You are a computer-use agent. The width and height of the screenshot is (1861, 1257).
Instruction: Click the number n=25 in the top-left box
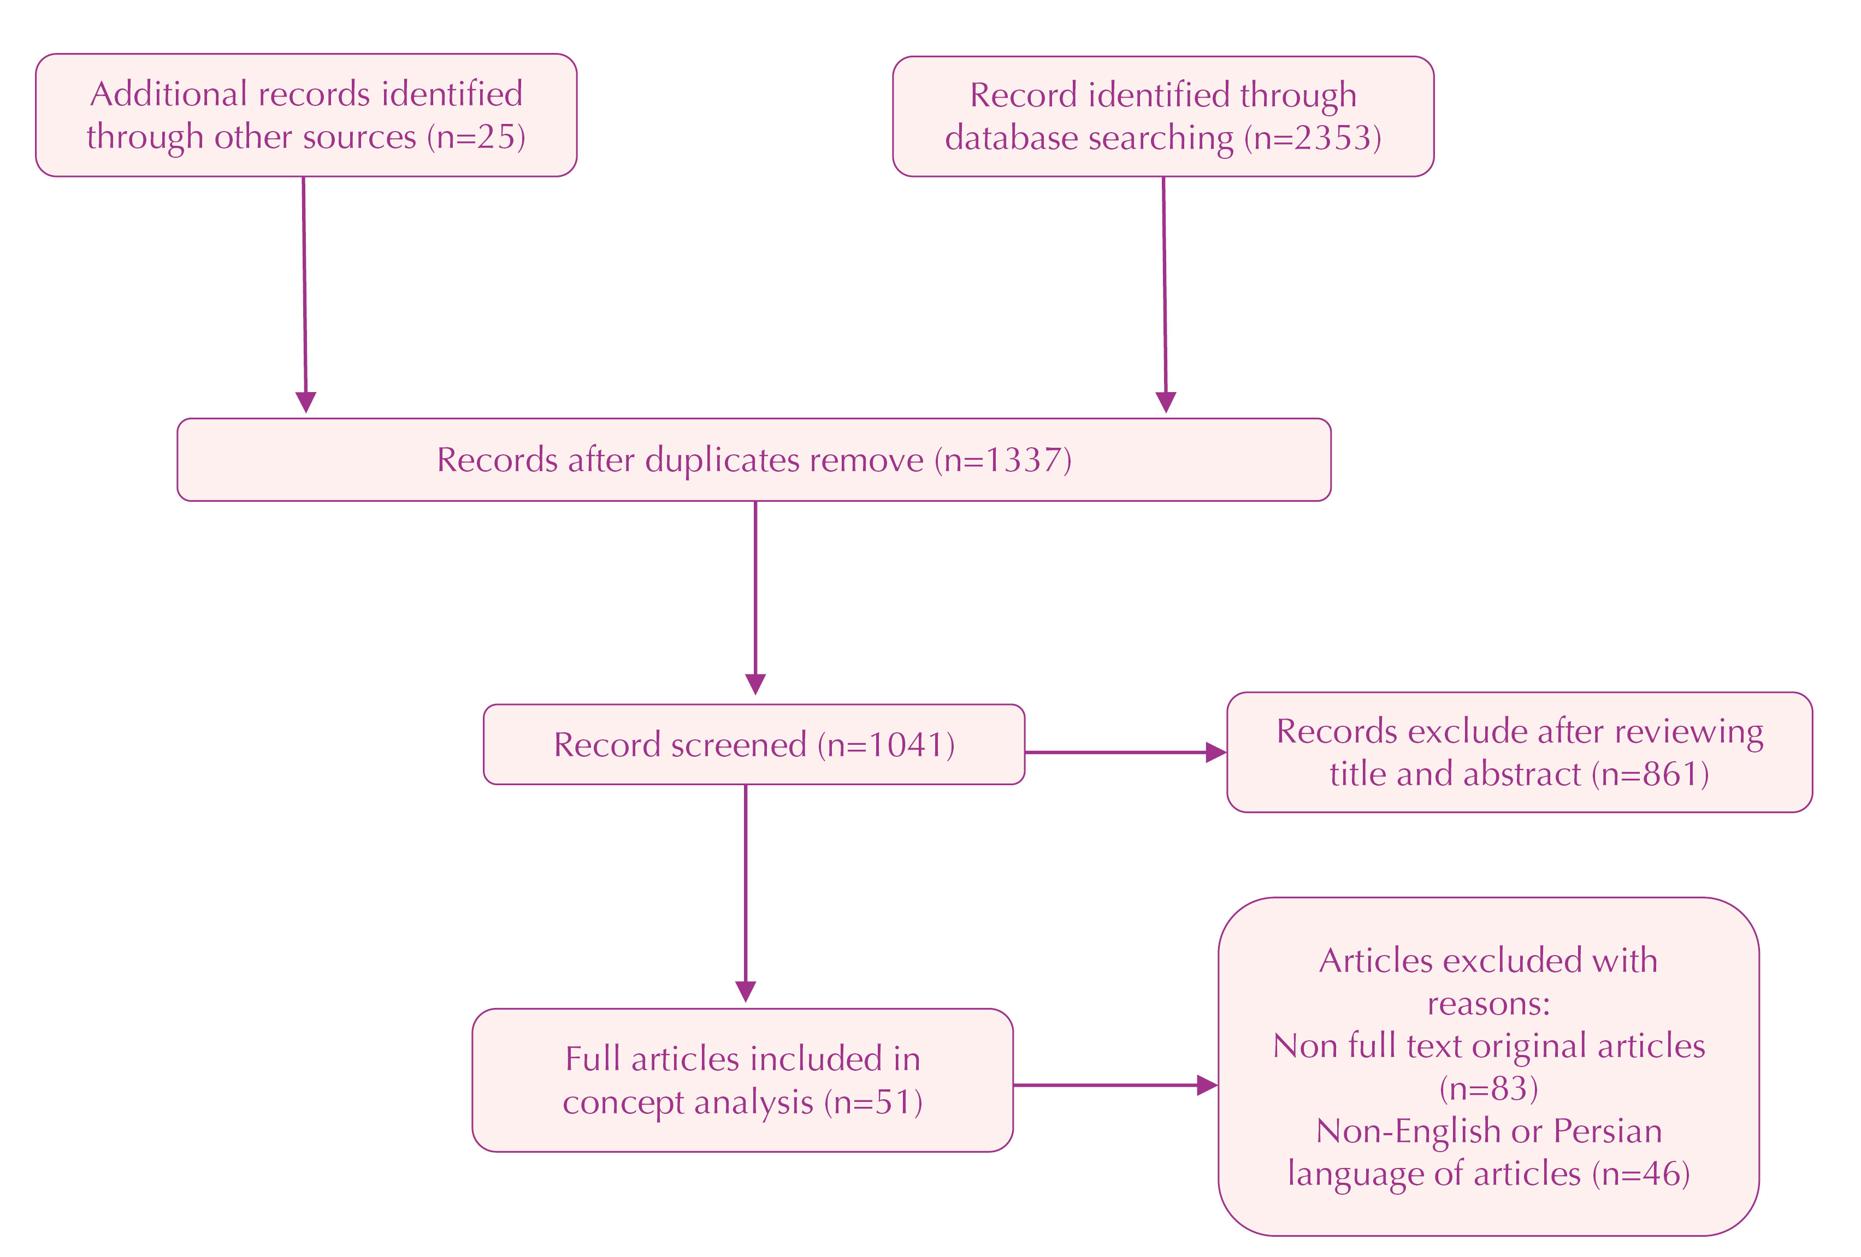coord(476,138)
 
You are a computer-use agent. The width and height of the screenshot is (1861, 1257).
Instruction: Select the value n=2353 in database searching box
coord(1313,139)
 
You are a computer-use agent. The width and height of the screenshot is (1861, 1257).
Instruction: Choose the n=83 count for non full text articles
coord(1488,1088)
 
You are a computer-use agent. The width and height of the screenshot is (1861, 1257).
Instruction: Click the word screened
coord(739,745)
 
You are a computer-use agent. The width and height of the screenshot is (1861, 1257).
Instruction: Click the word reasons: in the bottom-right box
coord(1488,1003)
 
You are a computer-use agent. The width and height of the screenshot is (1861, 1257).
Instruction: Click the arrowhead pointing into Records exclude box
coord(1215,752)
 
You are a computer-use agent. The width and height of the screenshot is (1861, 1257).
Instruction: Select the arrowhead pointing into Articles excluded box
coord(1206,1086)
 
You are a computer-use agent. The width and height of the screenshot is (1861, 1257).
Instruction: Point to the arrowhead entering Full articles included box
coord(746,991)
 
